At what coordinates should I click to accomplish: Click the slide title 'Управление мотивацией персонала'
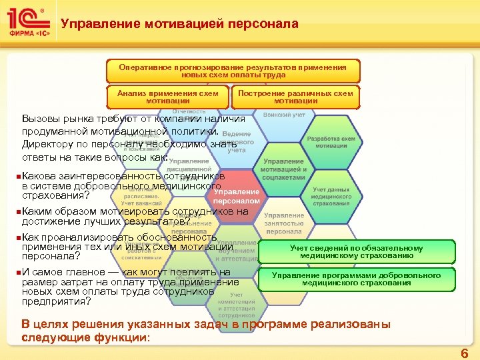coord(179,25)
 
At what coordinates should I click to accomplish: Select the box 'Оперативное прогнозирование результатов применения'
coord(233,71)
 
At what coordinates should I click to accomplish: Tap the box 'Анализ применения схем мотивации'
coord(167,97)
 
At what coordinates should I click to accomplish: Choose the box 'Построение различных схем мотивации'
coord(295,97)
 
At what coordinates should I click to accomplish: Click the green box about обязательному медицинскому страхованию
coord(366,251)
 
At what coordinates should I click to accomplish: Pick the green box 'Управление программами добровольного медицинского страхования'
coord(366,279)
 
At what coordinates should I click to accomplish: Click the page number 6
coord(464,353)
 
